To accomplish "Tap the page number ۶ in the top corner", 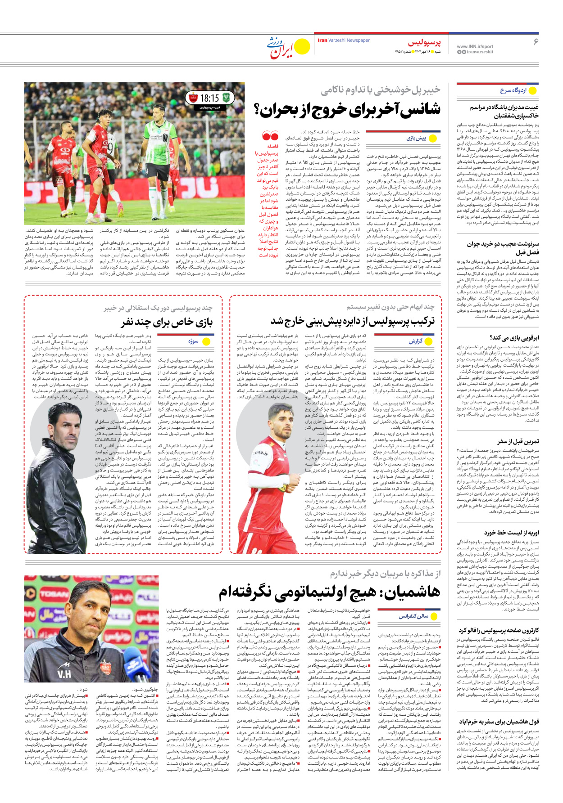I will (536, 42).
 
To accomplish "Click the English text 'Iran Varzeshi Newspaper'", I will (344, 40).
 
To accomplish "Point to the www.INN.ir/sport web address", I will (475, 46).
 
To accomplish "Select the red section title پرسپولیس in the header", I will (424, 43).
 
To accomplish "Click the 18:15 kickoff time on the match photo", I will (209, 98).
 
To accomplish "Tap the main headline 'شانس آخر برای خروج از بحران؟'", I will (347, 109).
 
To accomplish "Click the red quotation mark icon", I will (270, 136).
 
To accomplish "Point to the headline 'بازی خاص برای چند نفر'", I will (167, 322).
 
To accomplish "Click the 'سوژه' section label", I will (193, 341).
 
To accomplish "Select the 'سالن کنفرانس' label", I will (413, 616).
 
